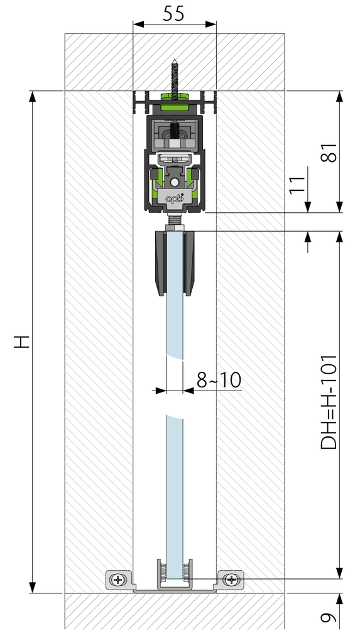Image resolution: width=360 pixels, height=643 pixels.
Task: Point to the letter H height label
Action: pyautogui.click(x=22, y=341)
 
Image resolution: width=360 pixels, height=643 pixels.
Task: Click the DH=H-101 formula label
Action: pyautogui.click(x=329, y=402)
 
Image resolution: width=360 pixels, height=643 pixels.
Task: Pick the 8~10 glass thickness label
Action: pyautogui.click(x=219, y=380)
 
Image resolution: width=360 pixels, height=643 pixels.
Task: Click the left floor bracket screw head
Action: pyautogui.click(x=119, y=580)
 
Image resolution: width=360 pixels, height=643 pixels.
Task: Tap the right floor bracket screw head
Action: pyautogui.click(x=232, y=580)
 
